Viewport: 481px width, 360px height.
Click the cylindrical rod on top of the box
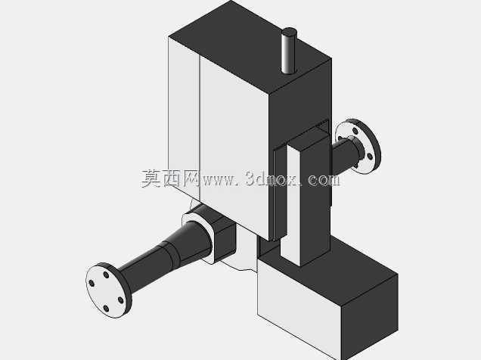point(289,51)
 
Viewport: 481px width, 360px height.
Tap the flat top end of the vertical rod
point(289,32)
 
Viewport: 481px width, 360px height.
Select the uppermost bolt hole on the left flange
point(106,275)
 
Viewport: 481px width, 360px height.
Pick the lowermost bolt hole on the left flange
point(106,308)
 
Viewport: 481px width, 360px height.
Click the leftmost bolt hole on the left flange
point(91,283)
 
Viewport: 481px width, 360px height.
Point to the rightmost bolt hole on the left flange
point(121,300)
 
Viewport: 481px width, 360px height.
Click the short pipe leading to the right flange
point(344,155)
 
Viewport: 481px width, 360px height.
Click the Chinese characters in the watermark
point(171,178)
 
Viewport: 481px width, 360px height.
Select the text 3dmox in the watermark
point(272,178)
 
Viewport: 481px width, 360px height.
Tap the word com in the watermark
point(324,180)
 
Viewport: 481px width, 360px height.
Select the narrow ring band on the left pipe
point(171,254)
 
